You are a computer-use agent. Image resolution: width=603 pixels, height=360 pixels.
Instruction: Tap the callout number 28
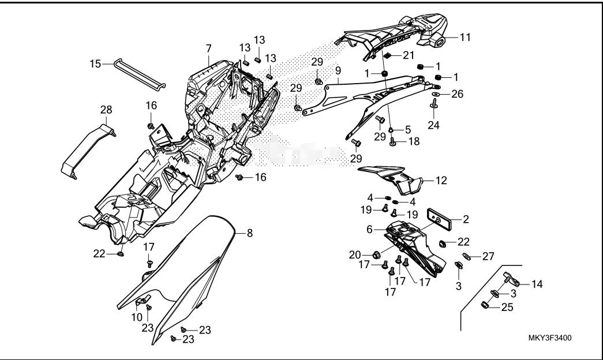(x=106, y=110)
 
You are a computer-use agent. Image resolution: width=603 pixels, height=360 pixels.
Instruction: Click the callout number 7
(x=208, y=51)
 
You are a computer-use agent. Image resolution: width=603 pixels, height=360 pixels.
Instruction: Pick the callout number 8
(x=250, y=233)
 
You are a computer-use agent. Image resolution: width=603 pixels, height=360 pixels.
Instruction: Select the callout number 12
(x=441, y=181)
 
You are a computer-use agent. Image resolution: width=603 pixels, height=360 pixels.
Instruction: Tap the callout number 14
(x=537, y=284)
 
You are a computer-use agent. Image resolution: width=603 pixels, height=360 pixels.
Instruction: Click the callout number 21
(x=408, y=55)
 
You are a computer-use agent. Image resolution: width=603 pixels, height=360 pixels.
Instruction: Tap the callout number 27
(x=488, y=256)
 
